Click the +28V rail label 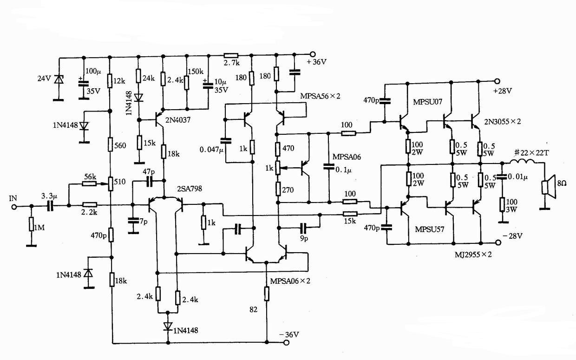[x=502, y=91]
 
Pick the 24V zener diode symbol [x=59, y=79]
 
